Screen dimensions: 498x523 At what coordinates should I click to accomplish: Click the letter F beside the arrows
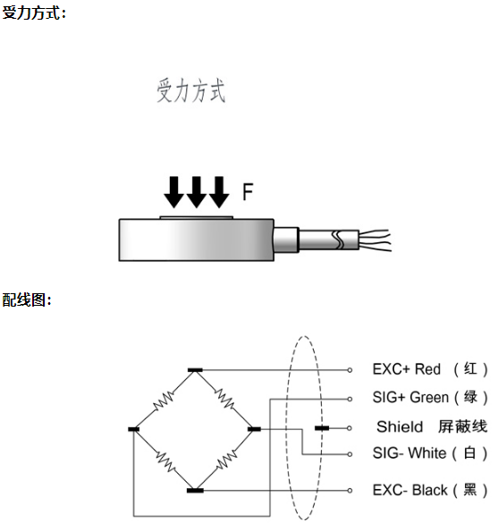pyautogui.click(x=248, y=192)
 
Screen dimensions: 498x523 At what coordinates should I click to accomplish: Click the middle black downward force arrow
pyautogui.click(x=196, y=192)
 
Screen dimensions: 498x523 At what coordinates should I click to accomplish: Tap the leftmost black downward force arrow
pyautogui.click(x=173, y=192)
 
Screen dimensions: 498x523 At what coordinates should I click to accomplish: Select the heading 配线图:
pyautogui.click(x=27, y=299)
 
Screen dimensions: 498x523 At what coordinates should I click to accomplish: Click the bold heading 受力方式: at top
pyautogui.click(x=34, y=13)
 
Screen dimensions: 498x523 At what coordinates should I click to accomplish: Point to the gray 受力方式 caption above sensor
pyautogui.click(x=191, y=90)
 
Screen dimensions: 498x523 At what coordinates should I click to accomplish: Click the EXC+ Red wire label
pyautogui.click(x=430, y=369)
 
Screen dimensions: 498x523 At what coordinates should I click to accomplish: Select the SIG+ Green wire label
pyautogui.click(x=430, y=397)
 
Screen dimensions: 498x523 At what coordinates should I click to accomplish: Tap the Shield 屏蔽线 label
pyautogui.click(x=432, y=426)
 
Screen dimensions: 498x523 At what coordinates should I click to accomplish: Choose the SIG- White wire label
pyautogui.click(x=430, y=453)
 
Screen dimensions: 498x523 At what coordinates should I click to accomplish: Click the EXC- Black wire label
pyautogui.click(x=430, y=490)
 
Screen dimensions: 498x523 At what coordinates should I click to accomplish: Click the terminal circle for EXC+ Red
pyautogui.click(x=350, y=370)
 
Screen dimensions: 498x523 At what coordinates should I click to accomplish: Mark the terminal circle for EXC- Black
pyautogui.click(x=350, y=490)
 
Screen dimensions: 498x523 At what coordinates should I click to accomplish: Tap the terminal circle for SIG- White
pyautogui.click(x=350, y=454)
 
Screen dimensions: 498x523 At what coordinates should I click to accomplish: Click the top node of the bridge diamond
pyautogui.click(x=195, y=370)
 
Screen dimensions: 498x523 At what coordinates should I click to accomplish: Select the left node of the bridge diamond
pyautogui.click(x=134, y=429)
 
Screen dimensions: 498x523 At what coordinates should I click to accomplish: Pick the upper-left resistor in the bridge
pyautogui.click(x=164, y=401)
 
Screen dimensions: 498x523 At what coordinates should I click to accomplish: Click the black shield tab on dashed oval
pyautogui.click(x=322, y=428)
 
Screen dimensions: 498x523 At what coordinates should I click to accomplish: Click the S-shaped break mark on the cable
pyautogui.click(x=338, y=240)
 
